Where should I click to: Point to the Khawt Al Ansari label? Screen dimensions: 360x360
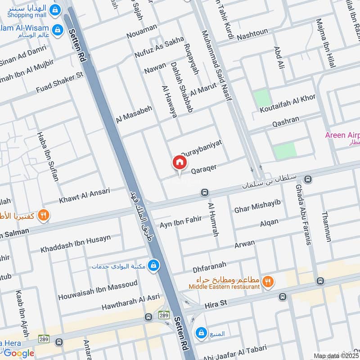point(84,196)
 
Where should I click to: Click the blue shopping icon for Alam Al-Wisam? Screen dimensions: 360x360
point(57,30)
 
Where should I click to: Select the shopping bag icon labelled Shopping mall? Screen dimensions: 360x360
point(55,9)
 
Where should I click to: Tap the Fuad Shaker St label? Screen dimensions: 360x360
point(60,82)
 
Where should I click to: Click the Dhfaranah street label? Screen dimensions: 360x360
point(209,267)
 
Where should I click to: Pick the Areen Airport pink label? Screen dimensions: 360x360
point(342,135)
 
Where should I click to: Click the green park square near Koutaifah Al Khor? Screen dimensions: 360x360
point(260,99)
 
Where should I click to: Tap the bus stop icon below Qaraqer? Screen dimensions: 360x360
point(204,193)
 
